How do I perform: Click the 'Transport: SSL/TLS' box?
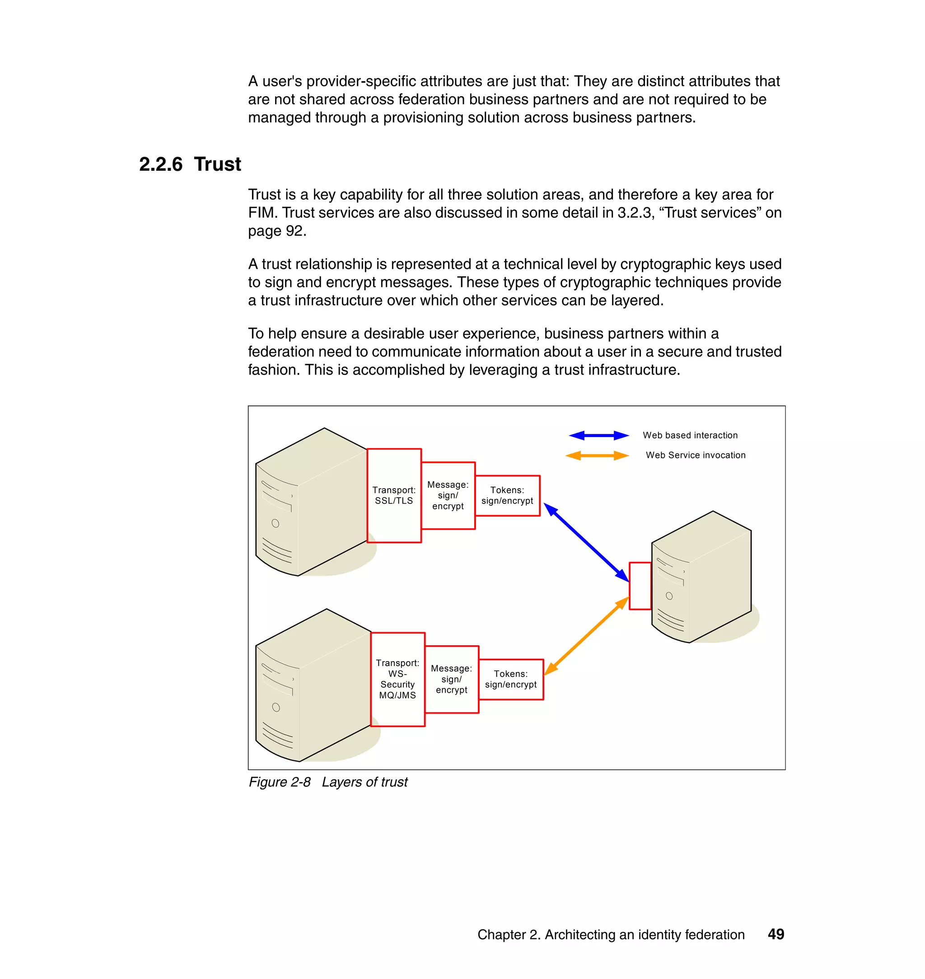click(x=394, y=495)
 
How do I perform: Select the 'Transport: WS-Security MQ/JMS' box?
click(x=397, y=679)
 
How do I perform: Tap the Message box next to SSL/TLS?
click(x=448, y=495)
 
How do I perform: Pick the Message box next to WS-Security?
click(x=451, y=679)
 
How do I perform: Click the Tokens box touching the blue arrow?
click(x=507, y=495)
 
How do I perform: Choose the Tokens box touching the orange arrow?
click(x=511, y=679)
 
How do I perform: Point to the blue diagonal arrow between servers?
click(x=586, y=543)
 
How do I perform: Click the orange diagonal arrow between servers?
click(x=586, y=636)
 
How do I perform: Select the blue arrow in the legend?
click(x=598, y=435)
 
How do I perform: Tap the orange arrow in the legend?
click(x=597, y=456)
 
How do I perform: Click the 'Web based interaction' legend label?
click(x=690, y=435)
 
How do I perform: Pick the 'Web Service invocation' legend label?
click(x=695, y=455)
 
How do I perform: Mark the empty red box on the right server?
click(x=640, y=586)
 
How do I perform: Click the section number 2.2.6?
click(x=161, y=164)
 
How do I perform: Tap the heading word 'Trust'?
click(x=217, y=164)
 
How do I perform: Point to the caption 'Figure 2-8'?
click(x=280, y=782)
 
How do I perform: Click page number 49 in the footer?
click(x=776, y=934)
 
